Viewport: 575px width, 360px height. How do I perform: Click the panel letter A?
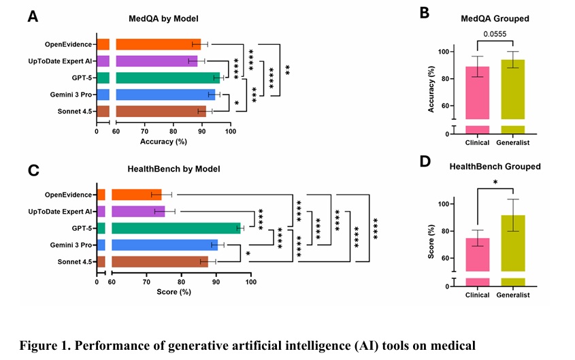click(x=33, y=16)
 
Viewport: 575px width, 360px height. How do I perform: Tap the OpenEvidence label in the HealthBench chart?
click(x=68, y=195)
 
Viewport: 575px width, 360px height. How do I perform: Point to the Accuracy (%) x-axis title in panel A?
click(x=163, y=142)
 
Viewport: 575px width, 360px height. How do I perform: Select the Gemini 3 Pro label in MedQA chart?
click(x=69, y=94)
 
